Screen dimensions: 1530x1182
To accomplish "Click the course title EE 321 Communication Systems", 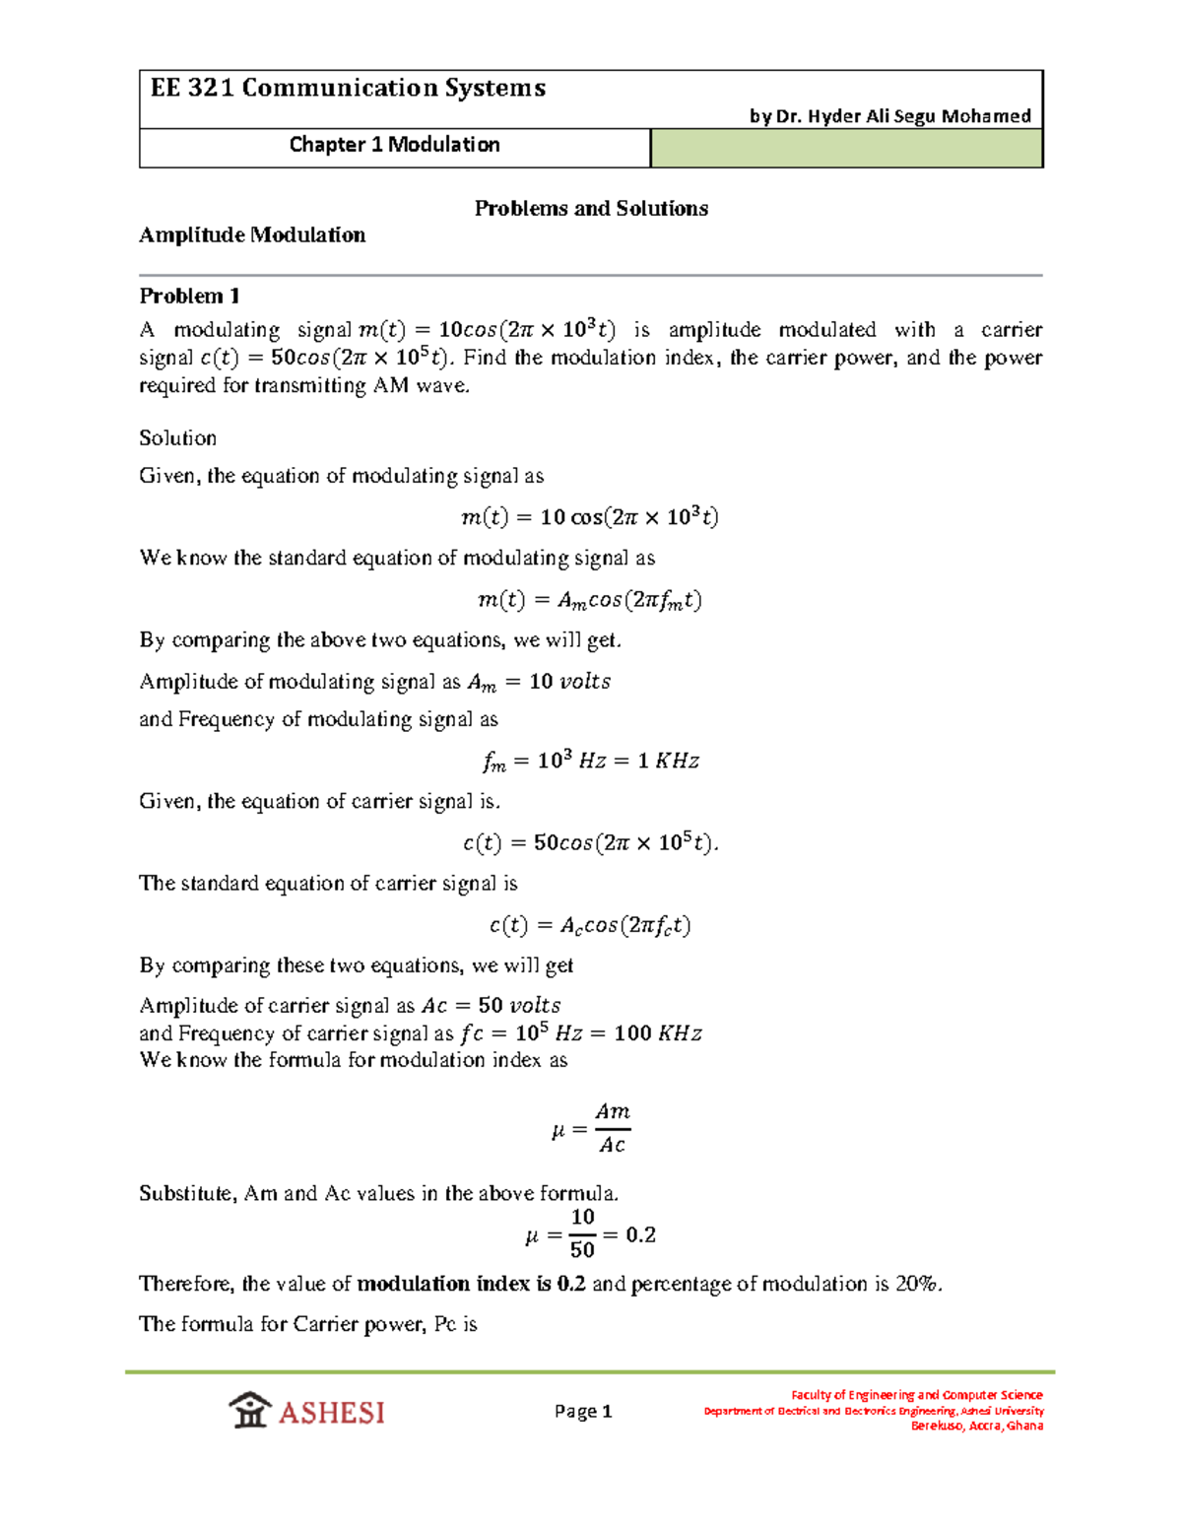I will tap(348, 89).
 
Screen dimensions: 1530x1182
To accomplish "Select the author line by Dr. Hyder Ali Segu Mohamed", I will tap(889, 116).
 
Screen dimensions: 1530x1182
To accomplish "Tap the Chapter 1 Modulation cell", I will tap(394, 145).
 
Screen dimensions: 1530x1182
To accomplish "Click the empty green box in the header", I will tap(846, 149).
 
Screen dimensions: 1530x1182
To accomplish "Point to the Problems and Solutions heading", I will tap(591, 208).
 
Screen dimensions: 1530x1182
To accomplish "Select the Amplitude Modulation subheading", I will tap(252, 234).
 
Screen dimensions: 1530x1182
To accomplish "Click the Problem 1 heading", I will tap(189, 296).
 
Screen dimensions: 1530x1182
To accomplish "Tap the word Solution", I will tap(177, 437).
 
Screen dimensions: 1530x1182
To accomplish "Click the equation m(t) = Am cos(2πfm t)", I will tap(589, 600).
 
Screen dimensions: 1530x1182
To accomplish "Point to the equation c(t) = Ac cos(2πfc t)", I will tap(590, 925).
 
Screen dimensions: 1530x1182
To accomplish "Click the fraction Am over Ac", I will tap(612, 1128).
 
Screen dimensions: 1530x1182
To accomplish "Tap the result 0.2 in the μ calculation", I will tap(640, 1235).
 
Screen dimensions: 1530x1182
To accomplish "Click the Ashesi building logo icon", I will tap(250, 1410).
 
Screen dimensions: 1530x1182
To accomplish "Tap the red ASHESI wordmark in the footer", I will tap(331, 1413).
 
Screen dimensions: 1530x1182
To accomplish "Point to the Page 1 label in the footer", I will tap(583, 1411).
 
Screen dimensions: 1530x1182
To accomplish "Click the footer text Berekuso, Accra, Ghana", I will tap(976, 1426).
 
